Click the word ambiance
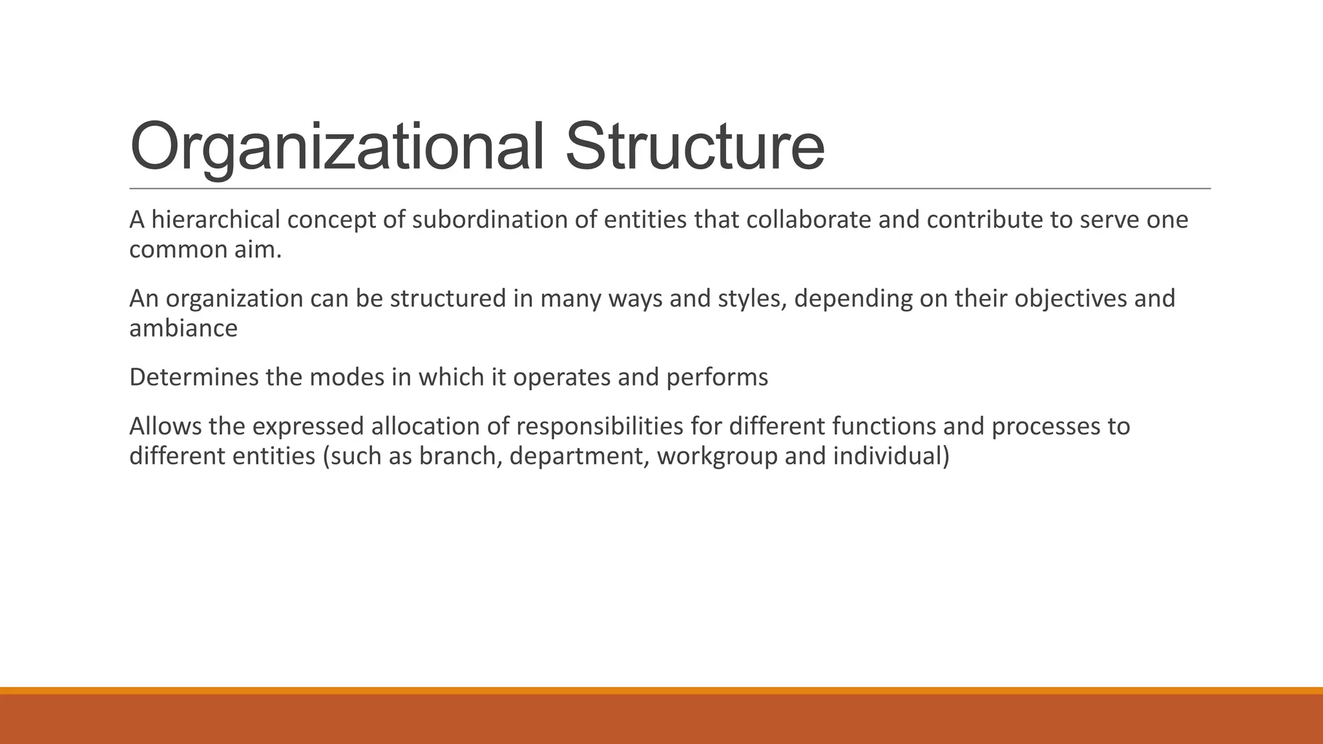point(183,329)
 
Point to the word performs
point(716,378)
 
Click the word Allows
point(165,427)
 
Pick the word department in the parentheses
point(579,457)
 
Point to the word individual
point(890,457)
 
